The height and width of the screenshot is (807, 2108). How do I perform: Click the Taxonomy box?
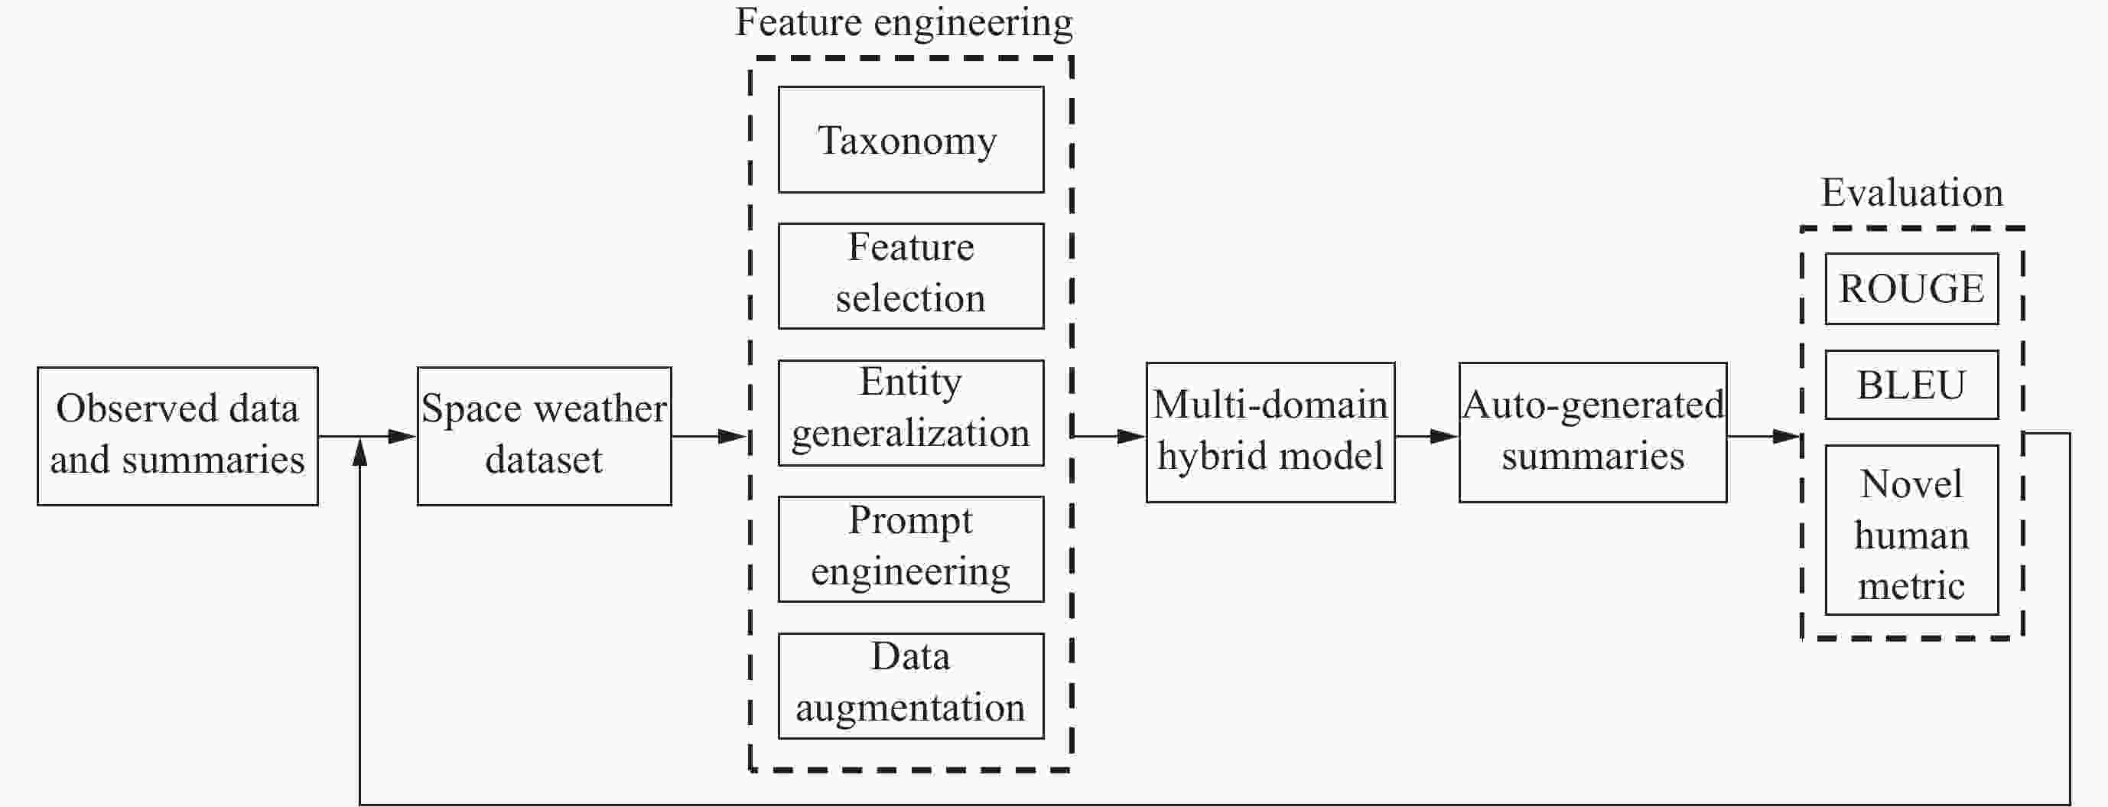click(911, 140)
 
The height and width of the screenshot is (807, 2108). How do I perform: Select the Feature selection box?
click(911, 276)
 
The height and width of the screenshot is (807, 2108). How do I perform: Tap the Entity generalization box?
click(911, 412)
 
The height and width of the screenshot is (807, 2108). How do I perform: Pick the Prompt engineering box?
click(911, 549)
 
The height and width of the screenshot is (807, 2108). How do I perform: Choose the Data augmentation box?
click(911, 686)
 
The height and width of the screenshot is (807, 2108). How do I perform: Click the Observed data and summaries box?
click(177, 436)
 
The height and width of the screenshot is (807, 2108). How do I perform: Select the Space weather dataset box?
click(544, 436)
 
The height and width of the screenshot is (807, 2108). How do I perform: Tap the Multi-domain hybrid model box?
click(1270, 432)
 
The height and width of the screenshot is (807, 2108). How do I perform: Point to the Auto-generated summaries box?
click(1592, 432)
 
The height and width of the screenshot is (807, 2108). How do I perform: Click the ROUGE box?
click(1911, 289)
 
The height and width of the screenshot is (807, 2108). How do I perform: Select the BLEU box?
click(1911, 385)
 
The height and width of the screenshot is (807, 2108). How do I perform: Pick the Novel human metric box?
click(1911, 530)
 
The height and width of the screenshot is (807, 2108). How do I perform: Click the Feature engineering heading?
click(904, 22)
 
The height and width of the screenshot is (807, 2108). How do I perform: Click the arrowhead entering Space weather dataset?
click(402, 436)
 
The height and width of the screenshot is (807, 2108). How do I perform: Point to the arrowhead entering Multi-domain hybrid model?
click(1132, 436)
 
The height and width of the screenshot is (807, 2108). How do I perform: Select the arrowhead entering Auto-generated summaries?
click(1444, 436)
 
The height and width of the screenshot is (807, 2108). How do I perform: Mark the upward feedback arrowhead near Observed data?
click(360, 452)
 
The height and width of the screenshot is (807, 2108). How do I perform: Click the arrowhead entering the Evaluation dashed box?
click(1788, 436)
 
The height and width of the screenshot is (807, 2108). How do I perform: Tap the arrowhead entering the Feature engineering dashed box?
click(734, 436)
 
